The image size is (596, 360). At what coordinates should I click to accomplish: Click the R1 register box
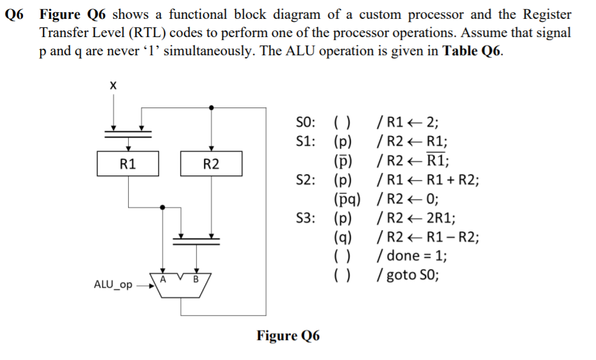(128, 163)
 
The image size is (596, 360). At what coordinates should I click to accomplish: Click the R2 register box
(211, 163)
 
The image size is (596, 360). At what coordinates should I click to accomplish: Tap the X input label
(112, 86)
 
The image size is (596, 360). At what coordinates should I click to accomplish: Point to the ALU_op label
(113, 284)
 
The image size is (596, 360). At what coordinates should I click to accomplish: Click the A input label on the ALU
(162, 279)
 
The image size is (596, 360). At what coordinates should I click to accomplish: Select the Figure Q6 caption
(288, 336)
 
